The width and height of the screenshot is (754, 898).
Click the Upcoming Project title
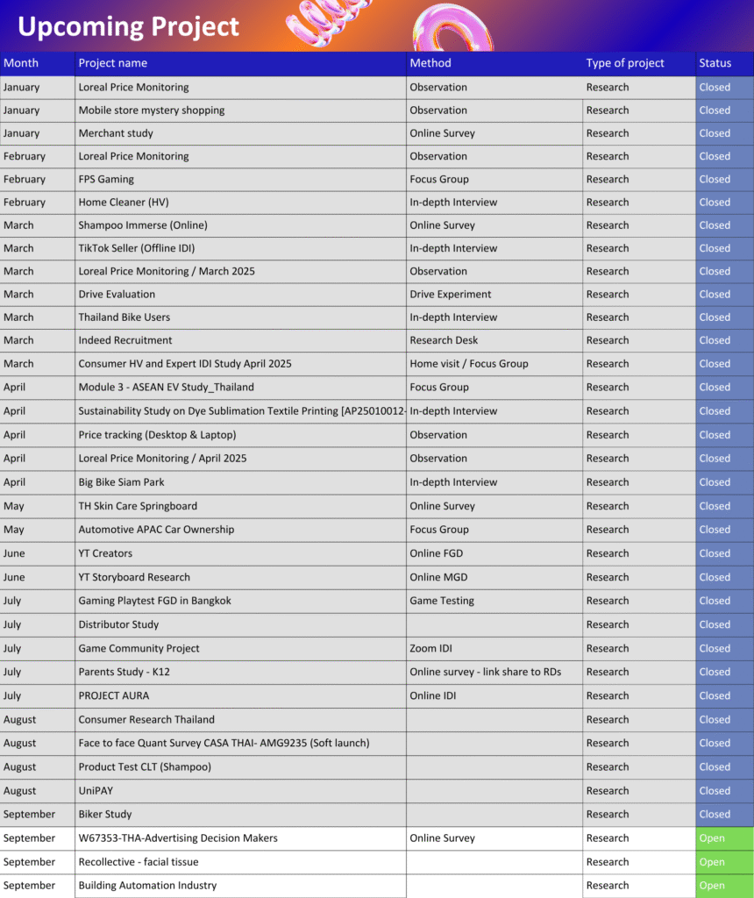point(128,26)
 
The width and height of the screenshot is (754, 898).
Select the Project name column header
point(113,63)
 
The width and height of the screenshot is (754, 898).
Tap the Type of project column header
point(625,63)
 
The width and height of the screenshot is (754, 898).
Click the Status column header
point(715,63)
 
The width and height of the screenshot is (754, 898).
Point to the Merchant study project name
point(116,133)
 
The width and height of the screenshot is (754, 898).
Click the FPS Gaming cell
point(106,179)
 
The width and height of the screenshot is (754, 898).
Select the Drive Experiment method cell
point(451,295)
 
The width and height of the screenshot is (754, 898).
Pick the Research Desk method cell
point(445,340)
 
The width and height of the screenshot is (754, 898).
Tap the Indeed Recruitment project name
point(125,340)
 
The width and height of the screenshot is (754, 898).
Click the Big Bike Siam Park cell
point(121,482)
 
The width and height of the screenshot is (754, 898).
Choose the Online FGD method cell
point(436,553)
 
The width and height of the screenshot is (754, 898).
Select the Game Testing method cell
point(442,601)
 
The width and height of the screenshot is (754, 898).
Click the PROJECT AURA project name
point(114,695)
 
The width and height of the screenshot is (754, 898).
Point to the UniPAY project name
point(96,790)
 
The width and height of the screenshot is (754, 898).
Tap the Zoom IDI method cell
point(432,648)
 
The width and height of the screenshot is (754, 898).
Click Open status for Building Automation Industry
point(712,886)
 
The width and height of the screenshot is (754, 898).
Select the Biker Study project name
point(105,814)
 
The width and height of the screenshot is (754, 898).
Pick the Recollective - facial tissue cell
point(139,862)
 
